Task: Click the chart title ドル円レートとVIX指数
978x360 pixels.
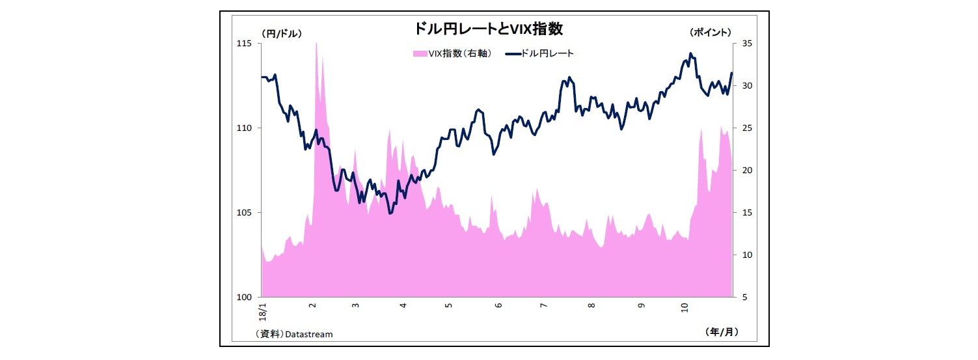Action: pos(489,29)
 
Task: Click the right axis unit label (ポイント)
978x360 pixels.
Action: pos(711,32)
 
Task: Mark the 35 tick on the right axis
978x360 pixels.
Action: pos(746,44)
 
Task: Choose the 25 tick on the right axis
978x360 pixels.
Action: pos(746,128)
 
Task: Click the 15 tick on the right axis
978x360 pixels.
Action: pos(746,213)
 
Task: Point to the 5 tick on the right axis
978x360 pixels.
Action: pos(744,298)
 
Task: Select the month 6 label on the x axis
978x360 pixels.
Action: pos(498,305)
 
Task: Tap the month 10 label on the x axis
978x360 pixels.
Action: pos(684,305)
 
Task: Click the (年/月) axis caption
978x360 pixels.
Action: pos(722,331)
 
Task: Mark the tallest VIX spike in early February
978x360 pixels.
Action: pos(316,44)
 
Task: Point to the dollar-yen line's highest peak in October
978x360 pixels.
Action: pos(690,54)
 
